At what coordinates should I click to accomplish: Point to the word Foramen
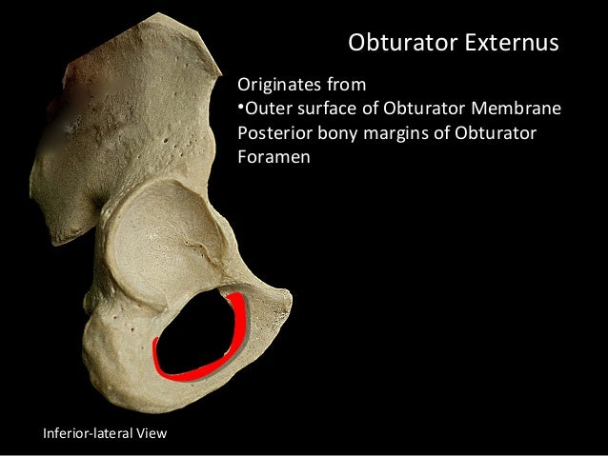(x=272, y=155)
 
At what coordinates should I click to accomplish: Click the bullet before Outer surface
(x=241, y=108)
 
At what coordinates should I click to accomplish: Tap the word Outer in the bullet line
(x=268, y=108)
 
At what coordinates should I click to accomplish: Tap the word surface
(x=326, y=108)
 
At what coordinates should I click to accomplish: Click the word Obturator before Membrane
(x=428, y=108)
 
